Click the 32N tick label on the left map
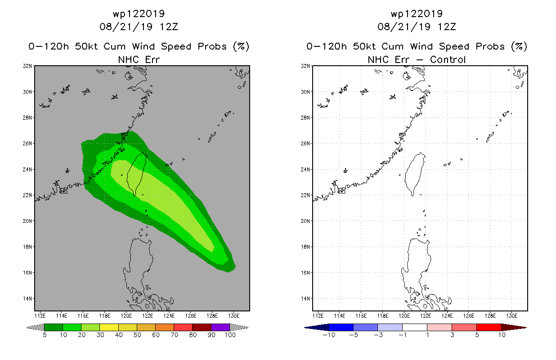click(x=27, y=66)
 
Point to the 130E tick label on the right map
click(x=511, y=316)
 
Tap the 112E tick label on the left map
click(x=40, y=316)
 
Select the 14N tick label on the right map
click(x=305, y=299)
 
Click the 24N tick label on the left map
click(x=27, y=170)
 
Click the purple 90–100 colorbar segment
click(x=220, y=327)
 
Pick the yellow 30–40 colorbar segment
click(x=109, y=327)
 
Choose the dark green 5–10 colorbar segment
click(x=54, y=327)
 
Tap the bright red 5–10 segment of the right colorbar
click(x=489, y=327)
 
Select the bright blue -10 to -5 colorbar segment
click(x=341, y=327)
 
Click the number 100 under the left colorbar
click(x=230, y=335)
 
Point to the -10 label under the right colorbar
click(x=329, y=335)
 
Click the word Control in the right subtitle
click(x=448, y=59)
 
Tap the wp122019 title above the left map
click(x=139, y=14)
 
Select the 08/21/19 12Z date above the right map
click(x=417, y=27)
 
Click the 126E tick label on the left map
click(x=191, y=316)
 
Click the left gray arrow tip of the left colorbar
click(x=27, y=328)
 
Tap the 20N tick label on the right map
click(x=305, y=221)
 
